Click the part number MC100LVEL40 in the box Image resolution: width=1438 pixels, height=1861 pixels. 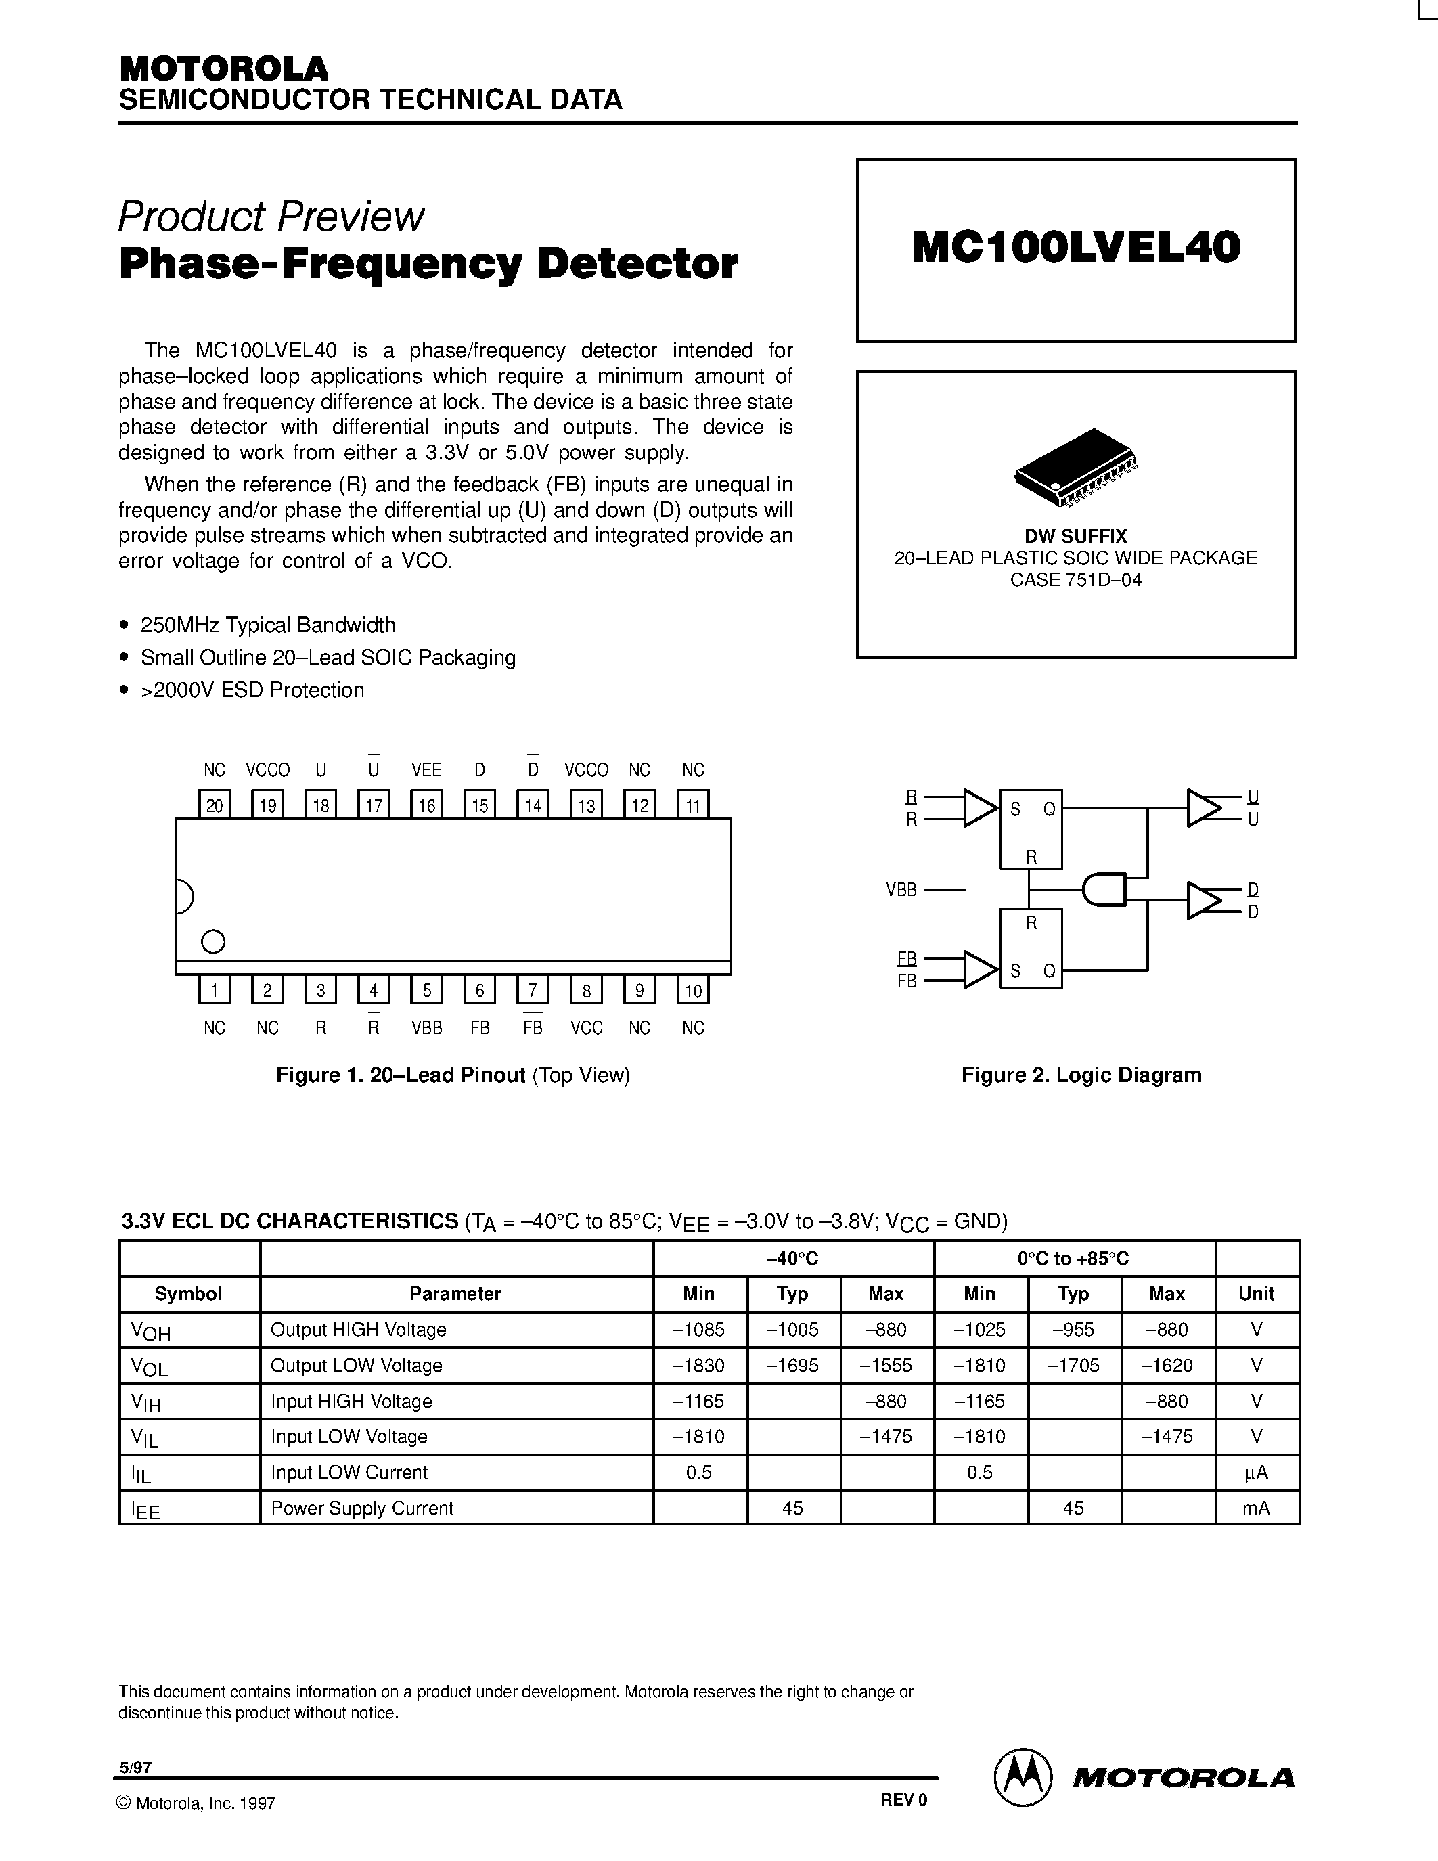click(1075, 248)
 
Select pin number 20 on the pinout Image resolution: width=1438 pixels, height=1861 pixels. click(215, 805)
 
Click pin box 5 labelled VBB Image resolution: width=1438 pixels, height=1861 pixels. click(427, 989)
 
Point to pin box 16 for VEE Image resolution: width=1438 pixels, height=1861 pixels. click(427, 805)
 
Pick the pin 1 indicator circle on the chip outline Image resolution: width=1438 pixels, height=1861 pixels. click(213, 941)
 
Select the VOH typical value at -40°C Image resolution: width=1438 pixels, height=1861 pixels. click(792, 1329)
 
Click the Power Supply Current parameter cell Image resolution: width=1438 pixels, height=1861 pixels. click(362, 1508)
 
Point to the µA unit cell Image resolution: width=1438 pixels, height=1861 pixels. click(1257, 1473)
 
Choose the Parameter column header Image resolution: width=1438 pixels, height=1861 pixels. click(455, 1293)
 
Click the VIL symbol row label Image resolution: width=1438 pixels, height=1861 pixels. click(145, 1437)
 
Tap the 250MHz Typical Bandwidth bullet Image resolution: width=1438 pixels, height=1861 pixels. click(267, 625)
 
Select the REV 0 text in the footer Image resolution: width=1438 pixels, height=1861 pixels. click(903, 1799)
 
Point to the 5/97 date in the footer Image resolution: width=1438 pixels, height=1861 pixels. click(135, 1767)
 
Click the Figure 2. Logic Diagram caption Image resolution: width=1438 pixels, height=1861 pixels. click(1081, 1075)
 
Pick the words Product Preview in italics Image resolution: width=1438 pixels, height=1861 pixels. click(271, 217)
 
